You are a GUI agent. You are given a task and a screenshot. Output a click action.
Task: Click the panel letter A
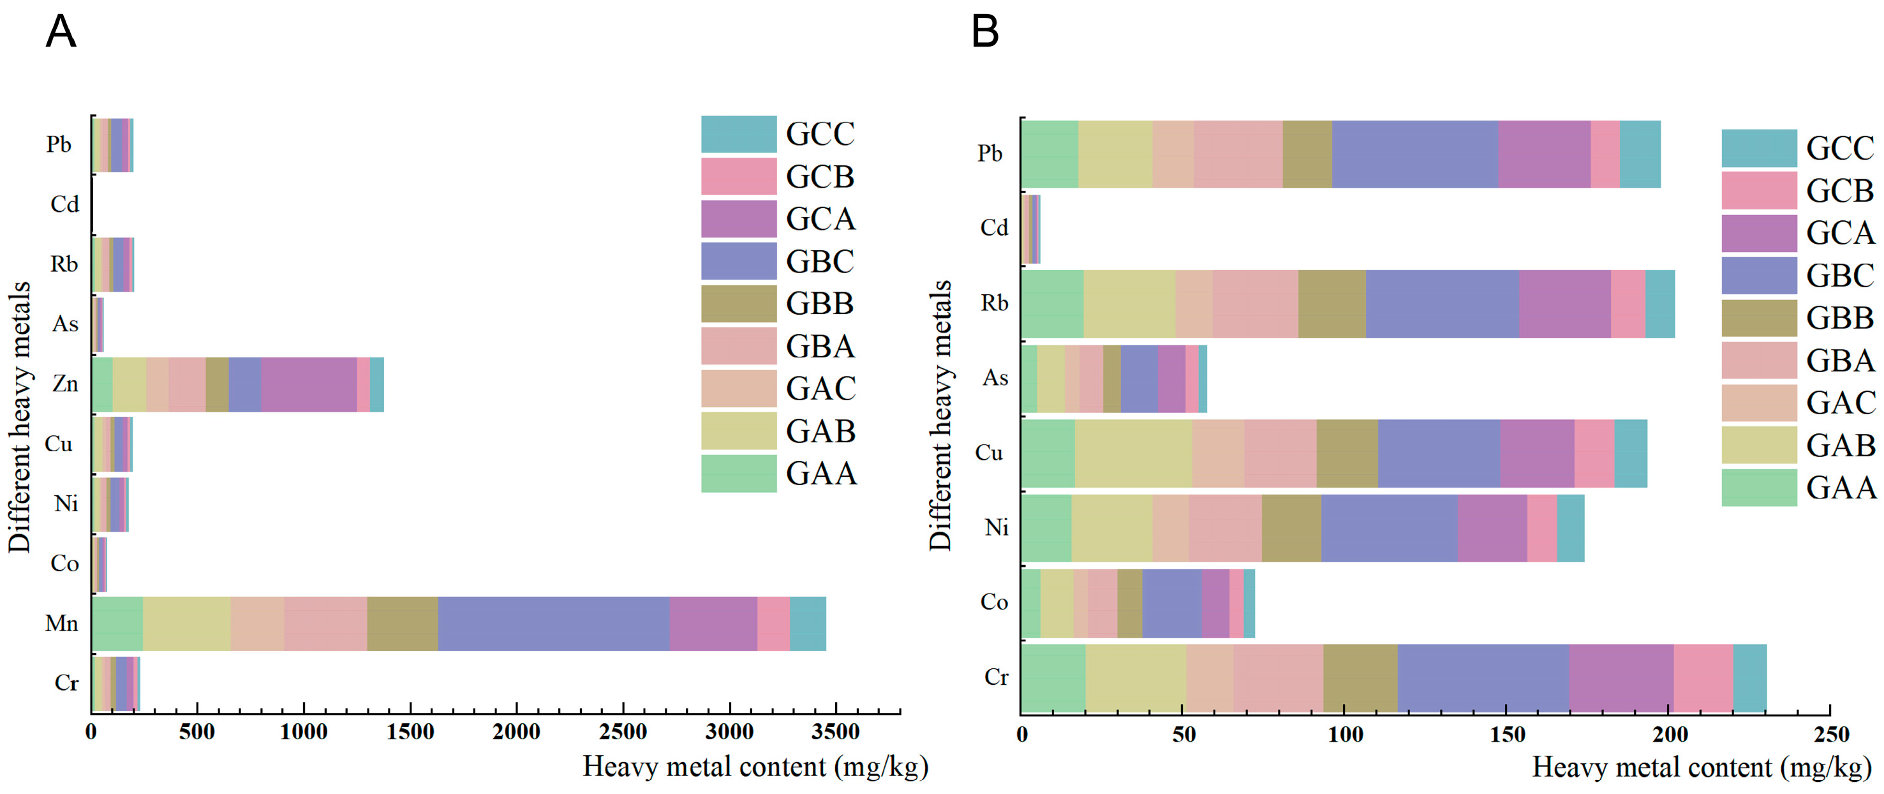(61, 32)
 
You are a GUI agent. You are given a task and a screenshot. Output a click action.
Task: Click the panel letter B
(985, 32)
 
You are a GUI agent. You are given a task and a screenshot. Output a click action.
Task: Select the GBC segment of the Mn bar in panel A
(554, 624)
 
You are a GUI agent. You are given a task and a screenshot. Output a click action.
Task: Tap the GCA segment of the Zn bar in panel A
(309, 384)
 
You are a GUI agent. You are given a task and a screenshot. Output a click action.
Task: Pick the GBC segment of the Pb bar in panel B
(1415, 154)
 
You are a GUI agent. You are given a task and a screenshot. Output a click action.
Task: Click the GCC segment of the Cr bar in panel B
(1750, 678)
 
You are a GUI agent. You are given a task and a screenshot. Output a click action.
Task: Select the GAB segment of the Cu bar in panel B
(1134, 454)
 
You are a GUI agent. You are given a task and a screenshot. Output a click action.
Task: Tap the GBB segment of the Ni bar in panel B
(1291, 528)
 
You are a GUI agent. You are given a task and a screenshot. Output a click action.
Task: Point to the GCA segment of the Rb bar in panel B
(1565, 304)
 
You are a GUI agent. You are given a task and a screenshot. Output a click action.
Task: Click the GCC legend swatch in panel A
(739, 134)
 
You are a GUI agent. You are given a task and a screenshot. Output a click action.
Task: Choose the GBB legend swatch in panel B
(1759, 318)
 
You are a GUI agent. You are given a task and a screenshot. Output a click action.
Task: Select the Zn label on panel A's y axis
(65, 384)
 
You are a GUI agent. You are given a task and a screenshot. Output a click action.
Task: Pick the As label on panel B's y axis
(995, 378)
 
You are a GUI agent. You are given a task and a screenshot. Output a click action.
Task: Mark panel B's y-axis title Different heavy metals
(940, 415)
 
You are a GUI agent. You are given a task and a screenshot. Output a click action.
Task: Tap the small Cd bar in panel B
(1031, 229)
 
